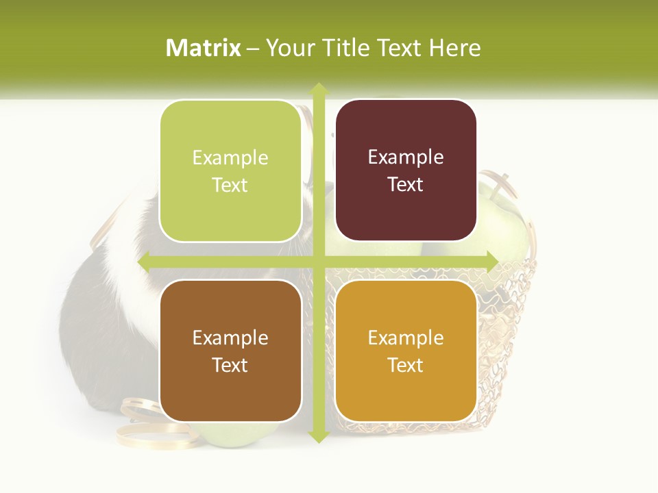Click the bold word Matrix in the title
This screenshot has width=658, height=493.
point(204,48)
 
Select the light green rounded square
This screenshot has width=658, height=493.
point(230,171)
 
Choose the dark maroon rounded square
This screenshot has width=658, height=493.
point(406,170)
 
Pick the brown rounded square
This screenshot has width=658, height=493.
point(230,351)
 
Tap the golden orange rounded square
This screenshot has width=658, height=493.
point(406,351)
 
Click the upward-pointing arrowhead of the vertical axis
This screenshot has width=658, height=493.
point(318,89)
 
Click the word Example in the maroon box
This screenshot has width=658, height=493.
point(406,157)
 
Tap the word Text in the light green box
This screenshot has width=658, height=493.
point(230,186)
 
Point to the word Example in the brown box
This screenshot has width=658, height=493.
point(230,338)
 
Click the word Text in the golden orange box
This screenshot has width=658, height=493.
point(406,365)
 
